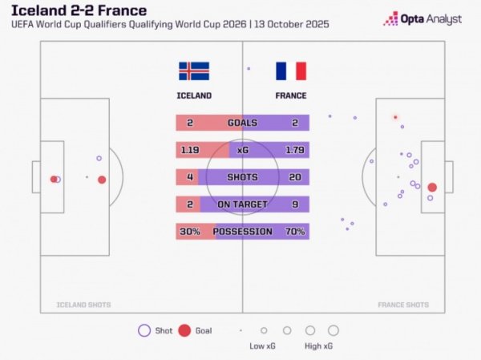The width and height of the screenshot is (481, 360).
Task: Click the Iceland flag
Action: (x=193, y=71)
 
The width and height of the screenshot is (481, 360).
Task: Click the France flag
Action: (x=290, y=71)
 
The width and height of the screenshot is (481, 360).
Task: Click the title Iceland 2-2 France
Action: (x=79, y=10)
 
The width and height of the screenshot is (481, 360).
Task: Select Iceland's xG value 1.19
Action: (x=190, y=150)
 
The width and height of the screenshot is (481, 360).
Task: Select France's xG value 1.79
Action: (x=295, y=150)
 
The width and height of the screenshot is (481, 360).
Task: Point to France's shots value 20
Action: (x=295, y=177)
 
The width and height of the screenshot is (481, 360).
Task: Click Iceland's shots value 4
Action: (x=190, y=177)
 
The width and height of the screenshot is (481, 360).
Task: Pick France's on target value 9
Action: (x=295, y=204)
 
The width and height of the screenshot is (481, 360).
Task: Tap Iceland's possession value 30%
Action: (x=190, y=232)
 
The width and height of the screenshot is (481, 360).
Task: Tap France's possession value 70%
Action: (x=295, y=232)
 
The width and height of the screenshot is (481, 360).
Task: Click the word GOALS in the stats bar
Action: (x=242, y=123)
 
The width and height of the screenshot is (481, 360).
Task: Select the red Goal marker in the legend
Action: (x=184, y=330)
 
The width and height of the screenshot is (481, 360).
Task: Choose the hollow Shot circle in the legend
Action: (x=144, y=330)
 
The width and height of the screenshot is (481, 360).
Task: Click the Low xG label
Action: (x=263, y=346)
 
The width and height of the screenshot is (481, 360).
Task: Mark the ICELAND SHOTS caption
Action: (x=83, y=305)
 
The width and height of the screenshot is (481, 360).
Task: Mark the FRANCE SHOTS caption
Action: (x=402, y=305)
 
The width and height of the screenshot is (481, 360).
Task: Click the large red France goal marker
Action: (x=432, y=187)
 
